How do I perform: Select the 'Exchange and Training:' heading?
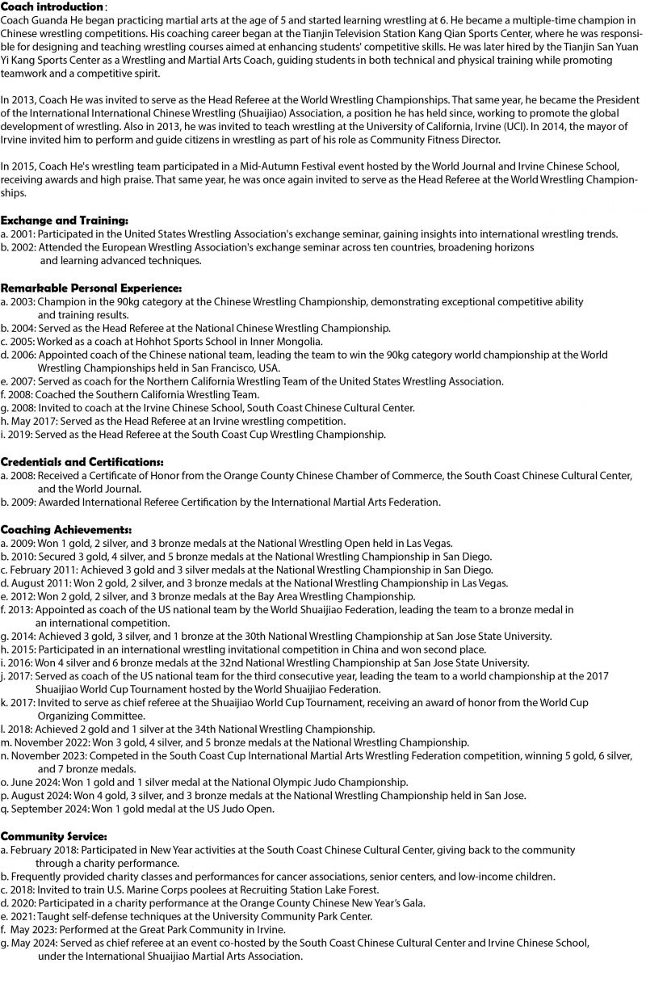click(64, 221)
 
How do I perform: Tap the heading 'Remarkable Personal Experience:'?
click(90, 288)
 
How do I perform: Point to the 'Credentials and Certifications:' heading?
click(82, 461)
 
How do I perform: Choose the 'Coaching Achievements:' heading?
click(66, 529)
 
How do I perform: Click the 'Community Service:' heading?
click(53, 835)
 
